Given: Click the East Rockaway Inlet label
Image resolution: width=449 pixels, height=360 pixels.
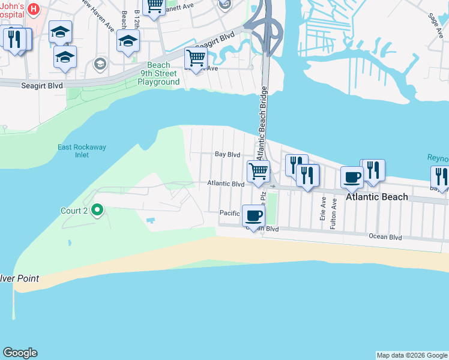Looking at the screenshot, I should tap(73, 151).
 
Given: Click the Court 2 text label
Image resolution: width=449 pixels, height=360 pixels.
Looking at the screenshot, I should tap(74, 211).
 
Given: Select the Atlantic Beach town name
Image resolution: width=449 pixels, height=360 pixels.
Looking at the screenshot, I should tap(377, 197).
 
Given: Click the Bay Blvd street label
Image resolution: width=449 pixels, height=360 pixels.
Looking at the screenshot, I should tap(228, 154).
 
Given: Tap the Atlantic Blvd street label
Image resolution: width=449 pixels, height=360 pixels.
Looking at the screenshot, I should tap(225, 183).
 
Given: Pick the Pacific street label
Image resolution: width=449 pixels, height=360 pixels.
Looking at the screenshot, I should tap(229, 213).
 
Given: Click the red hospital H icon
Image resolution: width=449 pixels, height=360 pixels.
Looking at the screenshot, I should tap(34, 9).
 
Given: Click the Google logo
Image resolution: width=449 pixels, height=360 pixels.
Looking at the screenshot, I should tap(20, 353).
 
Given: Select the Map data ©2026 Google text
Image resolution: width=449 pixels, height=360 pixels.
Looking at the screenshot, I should tap(412, 355).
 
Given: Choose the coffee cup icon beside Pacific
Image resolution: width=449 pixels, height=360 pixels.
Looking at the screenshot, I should tap(253, 214).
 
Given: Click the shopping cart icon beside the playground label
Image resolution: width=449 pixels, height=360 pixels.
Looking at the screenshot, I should tap(196, 58).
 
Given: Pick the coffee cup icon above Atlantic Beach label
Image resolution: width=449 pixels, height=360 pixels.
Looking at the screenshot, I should tap(352, 176).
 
